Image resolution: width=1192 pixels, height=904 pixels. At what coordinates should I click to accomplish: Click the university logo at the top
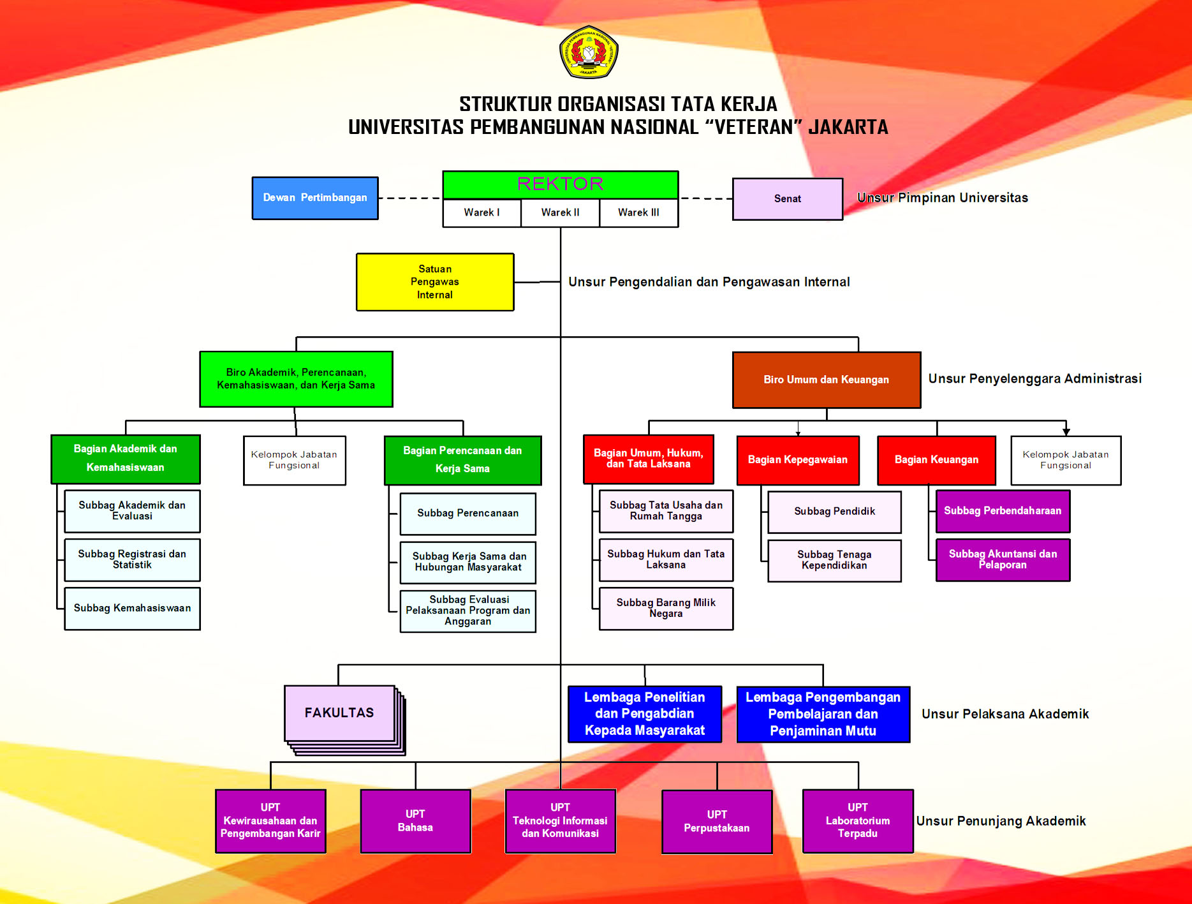pos(588,52)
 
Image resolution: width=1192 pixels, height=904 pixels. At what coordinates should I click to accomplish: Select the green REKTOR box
pos(560,184)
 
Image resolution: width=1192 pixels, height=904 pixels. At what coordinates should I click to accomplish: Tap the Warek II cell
pos(560,212)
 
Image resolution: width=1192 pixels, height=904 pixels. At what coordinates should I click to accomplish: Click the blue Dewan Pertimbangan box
pos(315,198)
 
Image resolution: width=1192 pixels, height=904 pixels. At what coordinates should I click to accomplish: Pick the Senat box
pos(787,199)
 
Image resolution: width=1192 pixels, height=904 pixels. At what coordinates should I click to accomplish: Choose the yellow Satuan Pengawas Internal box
pos(435,282)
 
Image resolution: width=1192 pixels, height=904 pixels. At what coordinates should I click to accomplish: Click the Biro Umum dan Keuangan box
pos(826,380)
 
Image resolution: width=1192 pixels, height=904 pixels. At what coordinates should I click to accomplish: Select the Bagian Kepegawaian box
pos(797,460)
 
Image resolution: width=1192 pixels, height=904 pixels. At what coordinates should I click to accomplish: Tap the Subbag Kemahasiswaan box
pos(132,609)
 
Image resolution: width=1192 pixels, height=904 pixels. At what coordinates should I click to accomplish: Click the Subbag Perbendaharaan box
pos(1002,511)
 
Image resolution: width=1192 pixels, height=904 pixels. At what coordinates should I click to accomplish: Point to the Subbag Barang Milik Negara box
pos(666,609)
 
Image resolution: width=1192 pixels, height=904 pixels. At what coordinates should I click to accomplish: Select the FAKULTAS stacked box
pos(339,713)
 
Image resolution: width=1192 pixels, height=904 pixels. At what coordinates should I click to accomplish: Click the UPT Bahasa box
pos(415,821)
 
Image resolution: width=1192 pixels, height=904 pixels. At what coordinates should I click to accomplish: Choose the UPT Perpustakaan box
pos(716,822)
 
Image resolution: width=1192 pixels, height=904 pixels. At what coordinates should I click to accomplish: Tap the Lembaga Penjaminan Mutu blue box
pos(823,715)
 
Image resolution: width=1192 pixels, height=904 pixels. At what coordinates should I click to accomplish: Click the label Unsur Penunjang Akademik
pos(1001,821)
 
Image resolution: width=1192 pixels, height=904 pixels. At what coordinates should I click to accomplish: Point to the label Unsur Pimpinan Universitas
pos(942,198)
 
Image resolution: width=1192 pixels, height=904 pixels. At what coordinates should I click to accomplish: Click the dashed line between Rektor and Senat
pos(705,198)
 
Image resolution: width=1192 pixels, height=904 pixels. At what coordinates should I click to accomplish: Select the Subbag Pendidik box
pos(834,512)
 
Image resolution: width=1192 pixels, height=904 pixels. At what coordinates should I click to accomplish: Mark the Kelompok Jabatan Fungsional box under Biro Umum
pos(1065,460)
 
